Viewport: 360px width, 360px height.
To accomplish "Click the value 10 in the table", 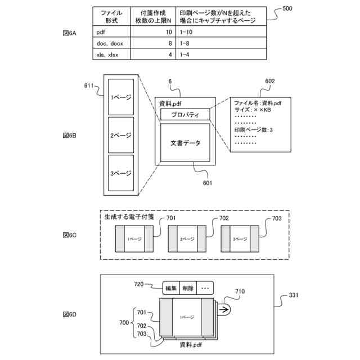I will pos(169,33).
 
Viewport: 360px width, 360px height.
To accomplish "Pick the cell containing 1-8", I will pos(185,43).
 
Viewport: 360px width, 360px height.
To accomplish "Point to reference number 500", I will pos(287,10).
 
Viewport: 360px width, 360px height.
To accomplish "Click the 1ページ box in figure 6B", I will pos(121,97).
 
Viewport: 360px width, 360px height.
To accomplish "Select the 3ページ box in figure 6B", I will pos(121,173).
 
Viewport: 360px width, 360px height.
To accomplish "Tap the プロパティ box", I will pos(185,115).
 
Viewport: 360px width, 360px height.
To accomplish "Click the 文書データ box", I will pos(185,143).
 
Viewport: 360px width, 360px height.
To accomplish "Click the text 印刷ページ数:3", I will pos(253,130).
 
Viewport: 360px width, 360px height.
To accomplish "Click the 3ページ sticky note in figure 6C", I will pos(240,239).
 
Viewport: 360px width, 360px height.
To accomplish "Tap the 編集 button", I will pos(171,288).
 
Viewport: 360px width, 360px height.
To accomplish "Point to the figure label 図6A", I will pos(69,33).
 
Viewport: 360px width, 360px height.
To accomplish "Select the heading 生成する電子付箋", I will pos(129,216).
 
